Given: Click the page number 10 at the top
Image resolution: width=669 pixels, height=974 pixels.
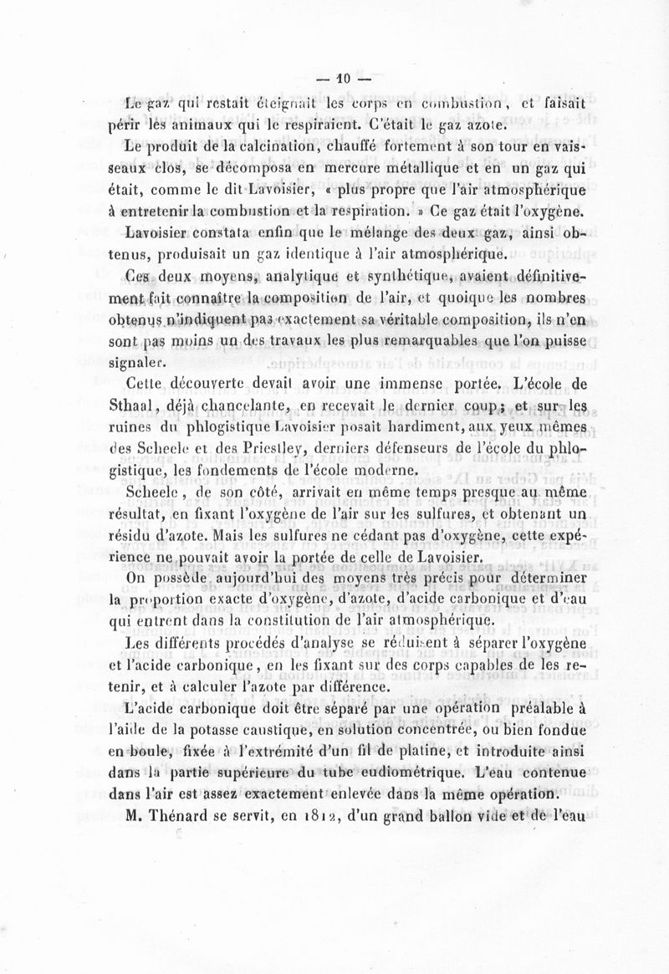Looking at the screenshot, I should tap(342, 80).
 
